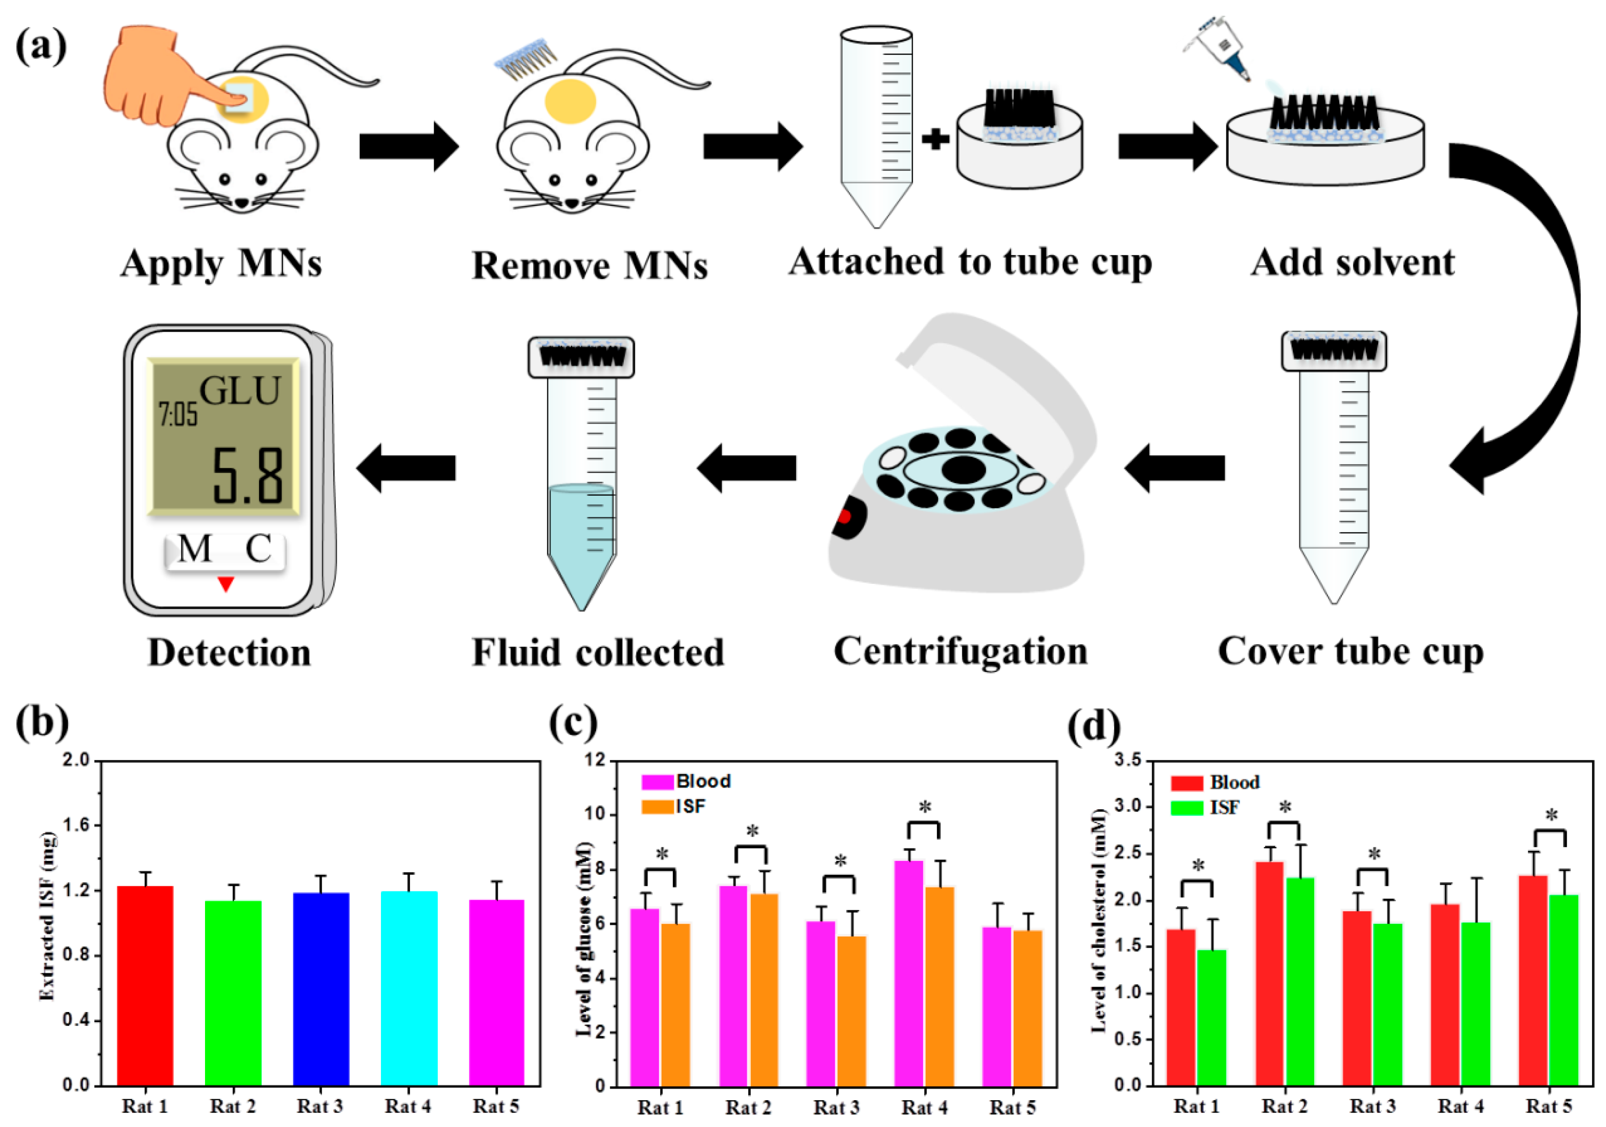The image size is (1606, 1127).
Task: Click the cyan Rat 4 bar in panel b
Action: [x=409, y=988]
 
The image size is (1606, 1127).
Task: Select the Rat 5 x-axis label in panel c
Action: [x=1012, y=1108]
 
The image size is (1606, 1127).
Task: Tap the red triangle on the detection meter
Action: [x=225, y=583]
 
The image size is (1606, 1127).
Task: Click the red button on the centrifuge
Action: [x=844, y=516]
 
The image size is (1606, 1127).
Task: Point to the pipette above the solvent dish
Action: [x=1220, y=49]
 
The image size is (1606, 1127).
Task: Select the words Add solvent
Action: [x=1352, y=263]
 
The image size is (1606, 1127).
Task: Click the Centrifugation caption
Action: [x=960, y=651]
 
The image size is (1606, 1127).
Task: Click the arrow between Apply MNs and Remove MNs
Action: [x=409, y=146]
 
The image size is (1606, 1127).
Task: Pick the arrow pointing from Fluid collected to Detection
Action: [x=406, y=467]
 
